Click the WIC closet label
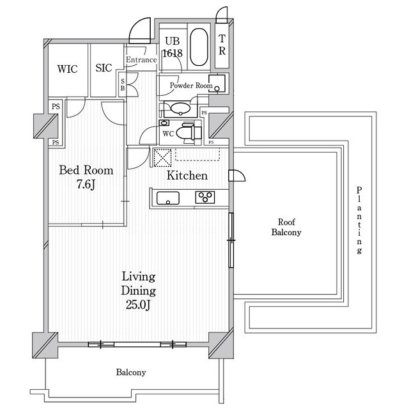pyautogui.click(x=67, y=69)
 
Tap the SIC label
pyautogui.click(x=104, y=68)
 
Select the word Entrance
pyautogui.click(x=141, y=59)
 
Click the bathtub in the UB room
pyautogui.click(x=199, y=47)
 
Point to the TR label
pyautogui.click(x=222, y=45)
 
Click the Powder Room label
pyautogui.click(x=191, y=85)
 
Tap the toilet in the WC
pyautogui.click(x=189, y=133)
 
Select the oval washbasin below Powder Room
pyautogui.click(x=180, y=108)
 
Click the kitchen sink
pyautogui.click(x=168, y=198)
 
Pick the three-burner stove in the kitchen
pyautogui.click(x=205, y=197)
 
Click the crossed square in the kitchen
pyautogui.click(x=162, y=158)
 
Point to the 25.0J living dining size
pyautogui.click(x=138, y=304)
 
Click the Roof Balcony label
pyautogui.click(x=286, y=227)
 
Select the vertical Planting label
pyautogui.click(x=359, y=220)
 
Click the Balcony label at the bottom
pyautogui.click(x=131, y=372)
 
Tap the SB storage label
pyautogui.click(x=123, y=85)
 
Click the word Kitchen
pyautogui.click(x=187, y=175)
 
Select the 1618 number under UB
pyautogui.click(x=173, y=53)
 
